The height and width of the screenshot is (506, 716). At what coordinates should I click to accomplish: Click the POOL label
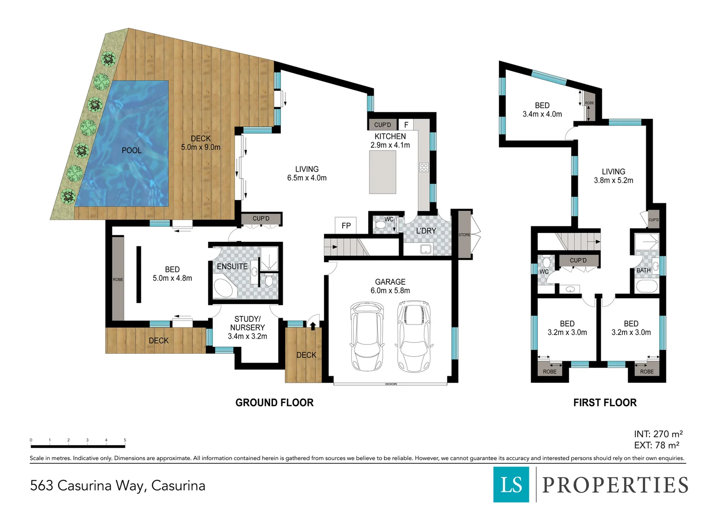pyautogui.click(x=131, y=150)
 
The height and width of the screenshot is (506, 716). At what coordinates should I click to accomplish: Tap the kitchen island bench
pyautogui.click(x=383, y=172)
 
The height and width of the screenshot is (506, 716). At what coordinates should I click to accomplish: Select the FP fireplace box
pyautogui.click(x=346, y=225)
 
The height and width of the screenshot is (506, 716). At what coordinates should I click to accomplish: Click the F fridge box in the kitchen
pyautogui.click(x=406, y=125)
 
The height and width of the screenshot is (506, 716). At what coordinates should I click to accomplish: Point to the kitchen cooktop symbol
pyautogui.click(x=423, y=167)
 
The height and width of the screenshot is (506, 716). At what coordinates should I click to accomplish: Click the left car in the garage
pyautogui.click(x=367, y=336)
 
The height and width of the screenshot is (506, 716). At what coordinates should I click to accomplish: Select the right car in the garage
pyautogui.click(x=413, y=336)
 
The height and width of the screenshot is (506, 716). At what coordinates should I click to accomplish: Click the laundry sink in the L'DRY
pyautogui.click(x=426, y=249)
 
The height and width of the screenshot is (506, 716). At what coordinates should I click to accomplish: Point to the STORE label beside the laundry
pyautogui.click(x=464, y=235)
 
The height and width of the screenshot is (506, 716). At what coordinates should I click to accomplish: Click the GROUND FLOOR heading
pyautogui.click(x=274, y=402)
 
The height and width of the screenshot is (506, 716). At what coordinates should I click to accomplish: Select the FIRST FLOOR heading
pyautogui.click(x=604, y=402)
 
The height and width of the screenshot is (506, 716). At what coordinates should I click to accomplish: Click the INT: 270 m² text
pyautogui.click(x=658, y=434)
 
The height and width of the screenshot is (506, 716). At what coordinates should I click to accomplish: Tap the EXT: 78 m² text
pyautogui.click(x=656, y=445)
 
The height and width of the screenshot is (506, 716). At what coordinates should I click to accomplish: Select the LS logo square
pyautogui.click(x=511, y=484)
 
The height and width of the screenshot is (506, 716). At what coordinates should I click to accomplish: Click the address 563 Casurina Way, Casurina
pyautogui.click(x=118, y=485)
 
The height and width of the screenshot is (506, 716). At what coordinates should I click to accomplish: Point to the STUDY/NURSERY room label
pyautogui.click(x=247, y=323)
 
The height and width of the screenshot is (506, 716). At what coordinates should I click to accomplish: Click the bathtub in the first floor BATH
pyautogui.click(x=647, y=286)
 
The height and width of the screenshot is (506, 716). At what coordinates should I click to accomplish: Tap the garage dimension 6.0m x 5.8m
pyautogui.click(x=390, y=290)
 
